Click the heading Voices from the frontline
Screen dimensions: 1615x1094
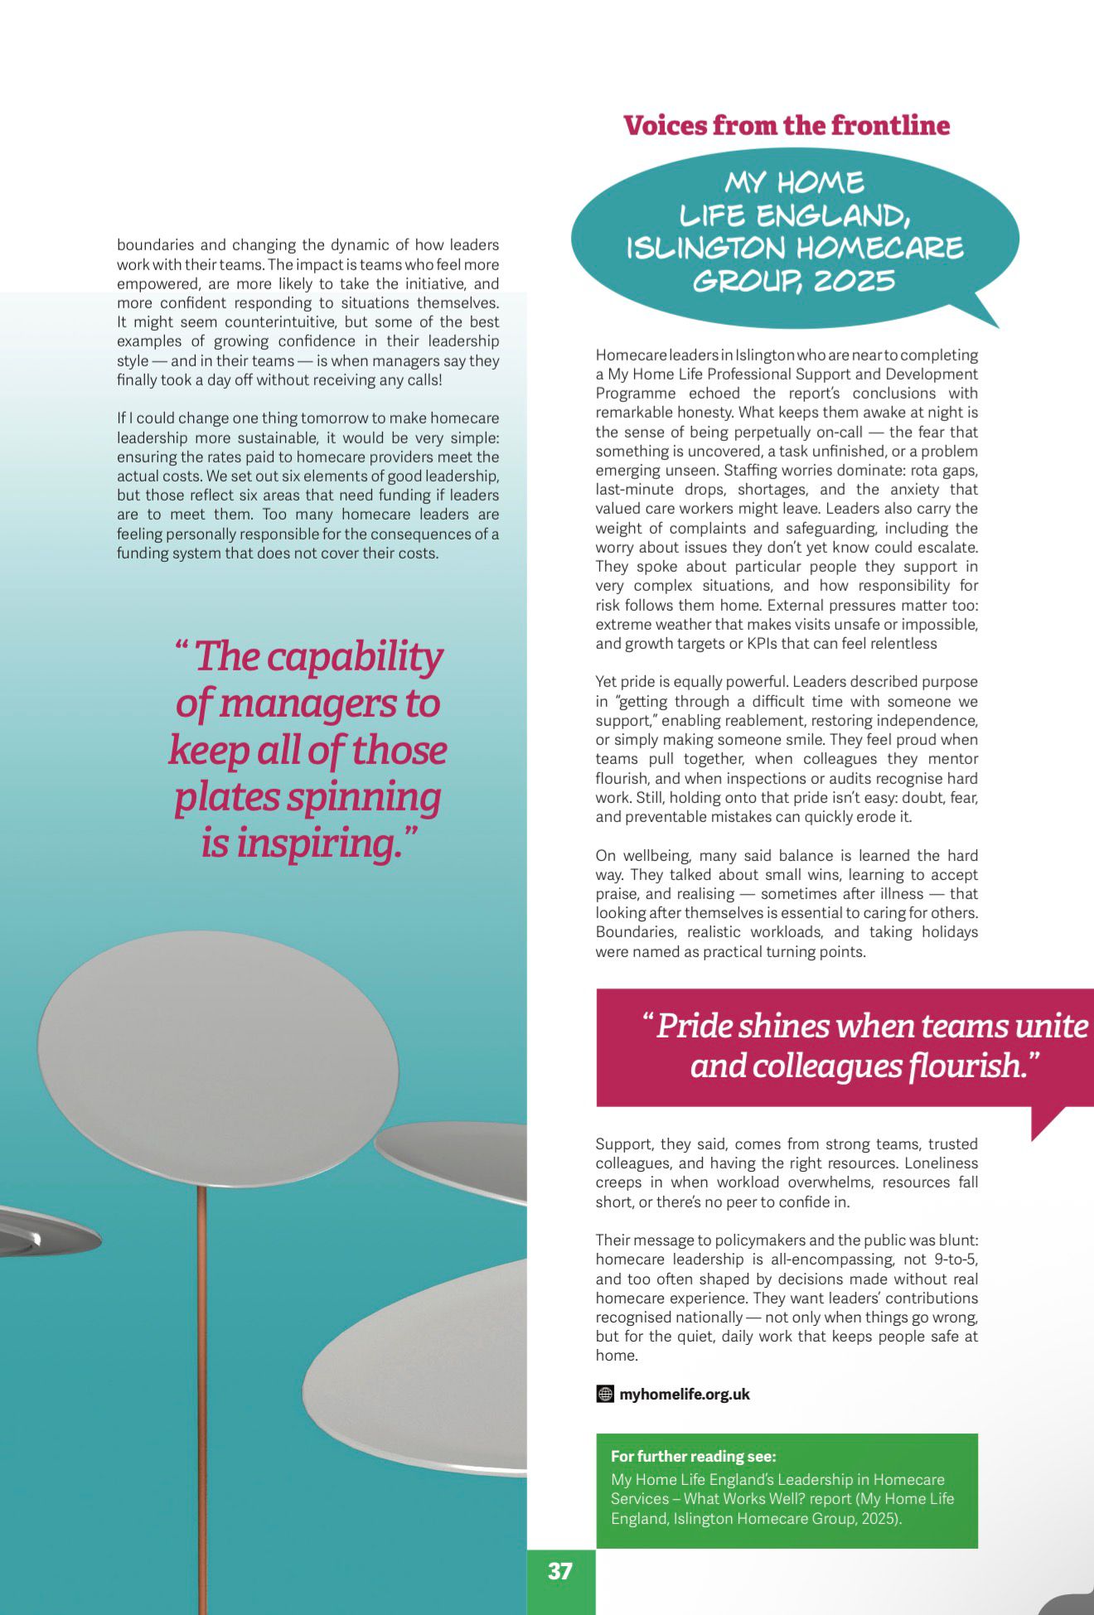[787, 125]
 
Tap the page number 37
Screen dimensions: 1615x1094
[560, 1571]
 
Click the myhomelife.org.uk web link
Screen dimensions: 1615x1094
[684, 1395]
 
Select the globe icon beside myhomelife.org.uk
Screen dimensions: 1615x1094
[605, 1395]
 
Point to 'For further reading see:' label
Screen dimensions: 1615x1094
[693, 1456]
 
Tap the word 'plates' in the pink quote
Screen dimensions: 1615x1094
[226, 797]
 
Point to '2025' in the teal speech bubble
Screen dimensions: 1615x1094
[854, 281]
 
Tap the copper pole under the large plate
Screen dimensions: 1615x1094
[201, 1367]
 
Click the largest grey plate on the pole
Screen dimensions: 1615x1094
[218, 1058]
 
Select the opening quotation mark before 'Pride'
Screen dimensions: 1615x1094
[647, 1018]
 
